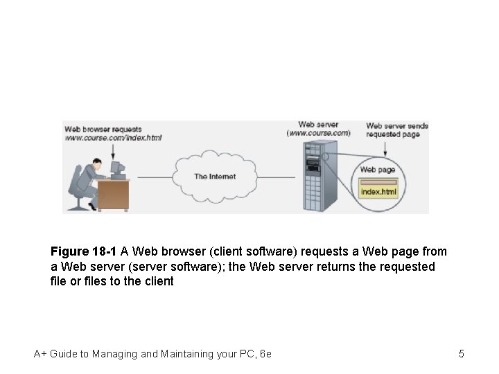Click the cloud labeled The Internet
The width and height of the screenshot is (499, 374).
(x=214, y=177)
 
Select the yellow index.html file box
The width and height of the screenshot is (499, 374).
(x=379, y=190)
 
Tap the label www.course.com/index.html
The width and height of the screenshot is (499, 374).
(x=113, y=138)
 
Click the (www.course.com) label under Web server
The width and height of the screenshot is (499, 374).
(x=319, y=133)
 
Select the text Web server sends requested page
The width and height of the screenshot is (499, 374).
(x=397, y=130)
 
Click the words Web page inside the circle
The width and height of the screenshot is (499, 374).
(x=377, y=170)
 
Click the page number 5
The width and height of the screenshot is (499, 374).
(x=461, y=354)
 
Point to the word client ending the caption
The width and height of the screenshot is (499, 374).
(x=157, y=282)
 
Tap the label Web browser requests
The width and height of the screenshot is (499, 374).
(x=103, y=129)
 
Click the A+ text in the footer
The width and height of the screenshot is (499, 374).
(x=40, y=354)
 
